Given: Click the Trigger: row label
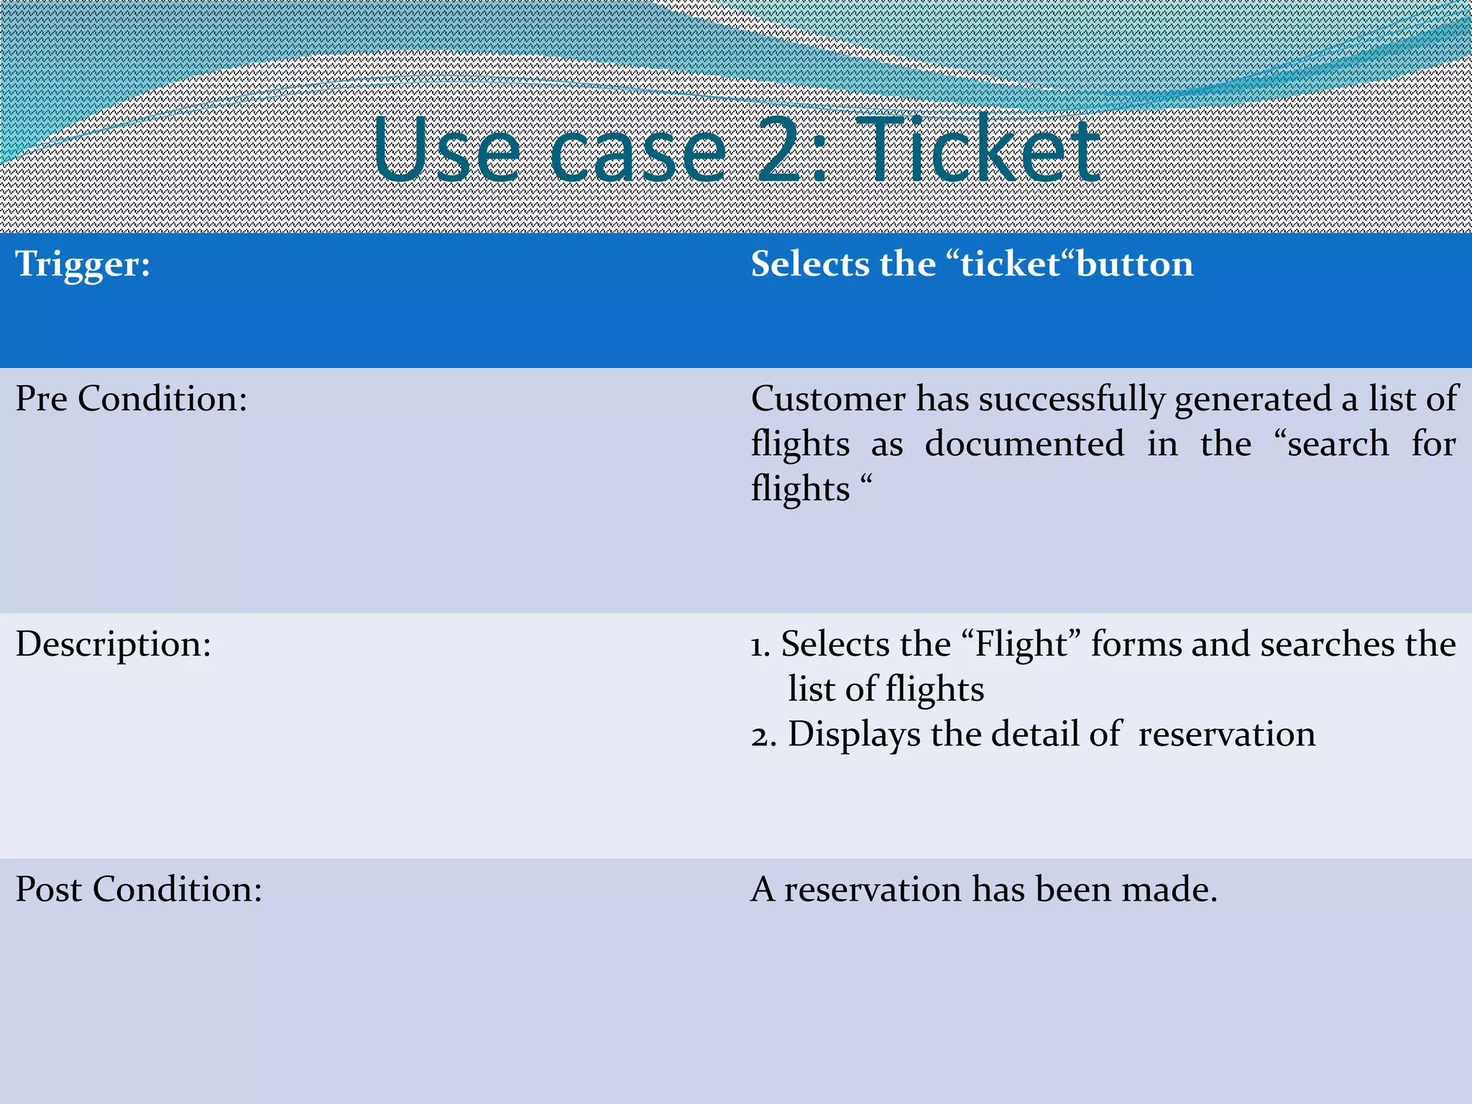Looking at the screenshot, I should click(83, 264).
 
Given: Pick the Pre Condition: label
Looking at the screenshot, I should click(132, 398).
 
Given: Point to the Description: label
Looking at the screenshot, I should click(114, 644).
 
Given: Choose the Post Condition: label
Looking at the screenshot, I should click(139, 889).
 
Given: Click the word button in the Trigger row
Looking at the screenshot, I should click(1135, 264).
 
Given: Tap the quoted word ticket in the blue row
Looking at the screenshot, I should click(1011, 264).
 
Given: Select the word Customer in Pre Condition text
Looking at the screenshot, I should click(828, 398).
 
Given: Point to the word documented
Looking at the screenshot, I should click(1024, 443).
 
